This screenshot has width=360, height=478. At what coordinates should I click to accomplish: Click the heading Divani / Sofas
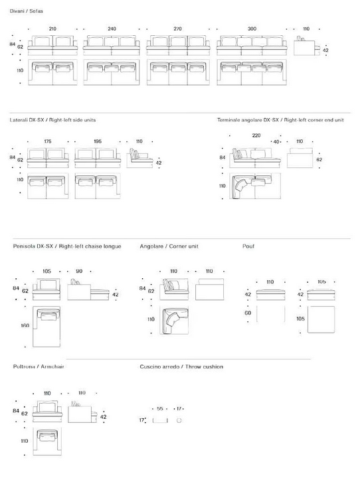tap(27, 11)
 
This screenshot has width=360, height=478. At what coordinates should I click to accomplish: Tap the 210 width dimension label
tap(52, 29)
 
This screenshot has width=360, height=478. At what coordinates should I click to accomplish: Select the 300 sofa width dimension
tap(252, 29)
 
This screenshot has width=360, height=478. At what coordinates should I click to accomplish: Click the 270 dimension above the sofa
tap(177, 29)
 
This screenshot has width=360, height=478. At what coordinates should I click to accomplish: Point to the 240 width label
tap(112, 29)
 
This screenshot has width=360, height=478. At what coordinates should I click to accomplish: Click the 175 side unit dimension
tap(48, 141)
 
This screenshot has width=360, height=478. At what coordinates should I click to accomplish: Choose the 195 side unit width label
tap(98, 141)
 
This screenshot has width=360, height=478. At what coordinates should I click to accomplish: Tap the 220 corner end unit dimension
tap(256, 135)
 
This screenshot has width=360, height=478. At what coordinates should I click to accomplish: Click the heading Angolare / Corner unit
tap(169, 246)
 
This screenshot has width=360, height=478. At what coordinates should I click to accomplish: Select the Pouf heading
tap(248, 246)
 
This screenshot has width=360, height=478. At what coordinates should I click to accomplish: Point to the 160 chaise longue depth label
tap(25, 325)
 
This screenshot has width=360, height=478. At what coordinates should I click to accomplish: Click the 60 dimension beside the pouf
tap(248, 313)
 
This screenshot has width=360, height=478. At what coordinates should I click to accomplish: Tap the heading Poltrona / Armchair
tap(39, 366)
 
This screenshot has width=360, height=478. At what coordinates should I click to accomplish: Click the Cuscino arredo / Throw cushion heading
tap(181, 366)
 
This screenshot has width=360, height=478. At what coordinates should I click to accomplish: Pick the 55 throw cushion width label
tap(160, 408)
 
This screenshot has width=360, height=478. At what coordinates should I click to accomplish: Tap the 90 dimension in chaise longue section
tap(79, 272)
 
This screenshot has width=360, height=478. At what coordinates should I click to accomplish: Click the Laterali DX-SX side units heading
tap(52, 120)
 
